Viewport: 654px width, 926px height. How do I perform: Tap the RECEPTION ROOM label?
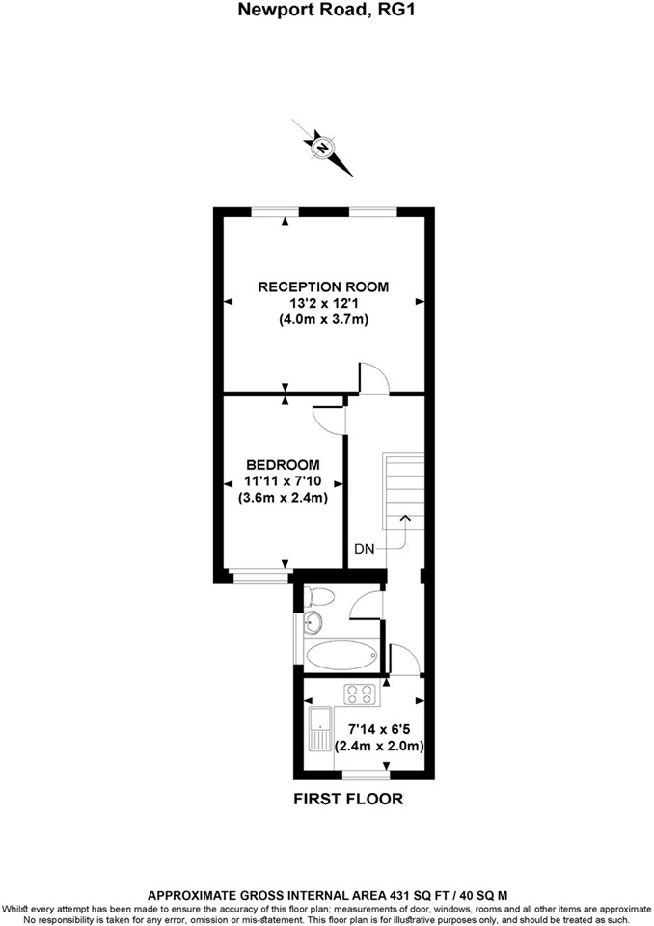pos(322,286)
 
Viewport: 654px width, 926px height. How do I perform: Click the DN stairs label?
pos(364,548)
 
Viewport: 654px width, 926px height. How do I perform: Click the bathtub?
pos(340,655)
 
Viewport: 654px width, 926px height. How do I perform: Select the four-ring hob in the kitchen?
pos(361,694)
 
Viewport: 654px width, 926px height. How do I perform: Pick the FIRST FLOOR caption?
pos(348,799)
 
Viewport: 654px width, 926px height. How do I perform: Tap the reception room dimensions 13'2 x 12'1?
pos(323,302)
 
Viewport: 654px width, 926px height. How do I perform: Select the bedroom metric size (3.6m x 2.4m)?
pos(283,498)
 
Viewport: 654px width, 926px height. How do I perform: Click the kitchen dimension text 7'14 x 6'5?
pos(382,729)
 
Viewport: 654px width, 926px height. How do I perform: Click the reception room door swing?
pos(373,378)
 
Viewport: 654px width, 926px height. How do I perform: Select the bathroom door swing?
pos(367,606)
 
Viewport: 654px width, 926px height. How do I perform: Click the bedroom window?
pos(260,577)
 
